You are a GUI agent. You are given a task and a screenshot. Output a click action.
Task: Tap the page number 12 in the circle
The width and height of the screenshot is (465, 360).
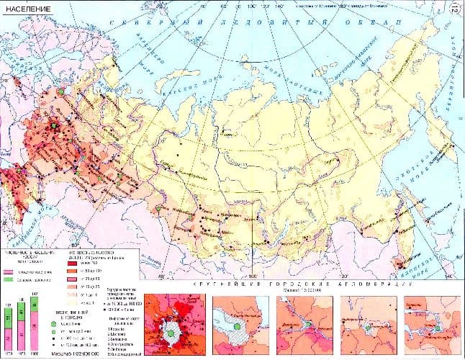(454, 9)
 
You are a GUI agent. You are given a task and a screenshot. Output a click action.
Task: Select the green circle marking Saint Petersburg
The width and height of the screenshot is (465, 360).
(63, 91)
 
